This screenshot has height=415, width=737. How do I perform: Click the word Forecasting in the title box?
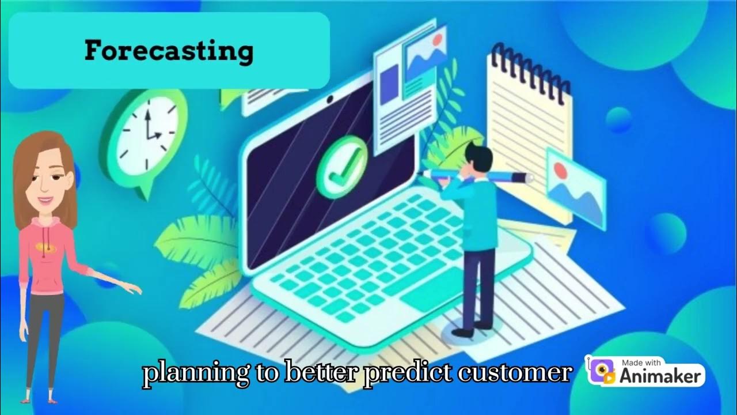169,51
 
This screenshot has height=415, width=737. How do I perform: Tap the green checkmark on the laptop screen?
343,159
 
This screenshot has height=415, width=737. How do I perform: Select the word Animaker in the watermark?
661,376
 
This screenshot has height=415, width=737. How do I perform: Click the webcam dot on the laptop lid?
330,99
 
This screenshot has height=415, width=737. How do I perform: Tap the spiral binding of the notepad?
530,72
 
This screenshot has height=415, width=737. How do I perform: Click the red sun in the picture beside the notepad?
560,169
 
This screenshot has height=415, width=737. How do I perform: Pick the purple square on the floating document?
390,77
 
